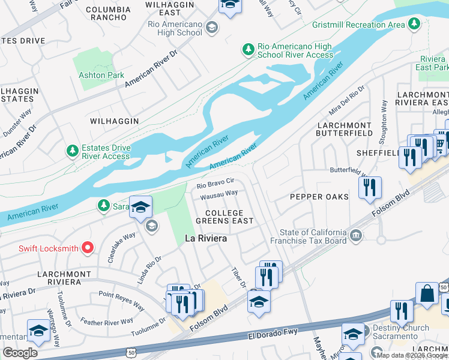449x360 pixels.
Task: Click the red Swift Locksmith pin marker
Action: point(88,247)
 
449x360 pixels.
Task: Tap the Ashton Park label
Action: point(101,75)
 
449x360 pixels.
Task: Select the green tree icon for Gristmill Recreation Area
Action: point(414,24)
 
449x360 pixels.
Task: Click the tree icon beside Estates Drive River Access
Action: point(72,151)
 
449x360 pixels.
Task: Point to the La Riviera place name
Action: point(205,239)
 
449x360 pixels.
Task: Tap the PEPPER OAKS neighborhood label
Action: point(319,197)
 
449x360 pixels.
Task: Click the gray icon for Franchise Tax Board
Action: point(357,234)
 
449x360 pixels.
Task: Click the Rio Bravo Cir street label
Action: point(215,185)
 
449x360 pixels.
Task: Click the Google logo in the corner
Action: point(20,353)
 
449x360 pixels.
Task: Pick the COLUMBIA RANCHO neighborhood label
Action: point(108,14)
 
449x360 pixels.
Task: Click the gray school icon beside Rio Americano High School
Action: point(211,27)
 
